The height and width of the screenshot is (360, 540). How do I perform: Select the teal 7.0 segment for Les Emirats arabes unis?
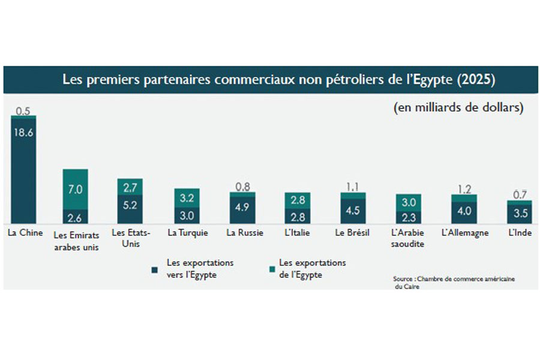76,189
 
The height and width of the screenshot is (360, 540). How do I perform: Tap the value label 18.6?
23,133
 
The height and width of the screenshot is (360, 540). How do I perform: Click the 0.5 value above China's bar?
23,111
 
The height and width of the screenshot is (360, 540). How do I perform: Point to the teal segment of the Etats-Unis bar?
130,187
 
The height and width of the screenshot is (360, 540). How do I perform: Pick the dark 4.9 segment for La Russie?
242,210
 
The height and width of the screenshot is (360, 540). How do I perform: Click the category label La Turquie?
188,233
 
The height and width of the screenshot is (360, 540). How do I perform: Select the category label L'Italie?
297,233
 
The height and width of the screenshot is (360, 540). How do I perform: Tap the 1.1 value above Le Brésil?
352,187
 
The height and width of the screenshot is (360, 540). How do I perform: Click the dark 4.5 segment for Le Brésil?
353,211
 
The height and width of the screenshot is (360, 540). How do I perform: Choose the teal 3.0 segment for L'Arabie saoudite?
409,202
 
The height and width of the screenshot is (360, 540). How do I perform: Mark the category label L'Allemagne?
465,233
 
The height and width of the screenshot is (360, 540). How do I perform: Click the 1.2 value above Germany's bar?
464,190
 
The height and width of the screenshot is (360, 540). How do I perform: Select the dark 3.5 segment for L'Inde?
520,214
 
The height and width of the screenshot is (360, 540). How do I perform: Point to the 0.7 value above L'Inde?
520,195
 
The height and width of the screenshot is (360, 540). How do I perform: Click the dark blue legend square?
155,270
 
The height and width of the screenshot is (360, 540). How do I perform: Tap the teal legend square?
272,269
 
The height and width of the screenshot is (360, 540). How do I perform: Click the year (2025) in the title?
476,80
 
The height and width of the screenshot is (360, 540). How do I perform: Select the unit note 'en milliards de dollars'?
458,107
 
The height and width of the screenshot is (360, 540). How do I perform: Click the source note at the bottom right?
454,283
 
